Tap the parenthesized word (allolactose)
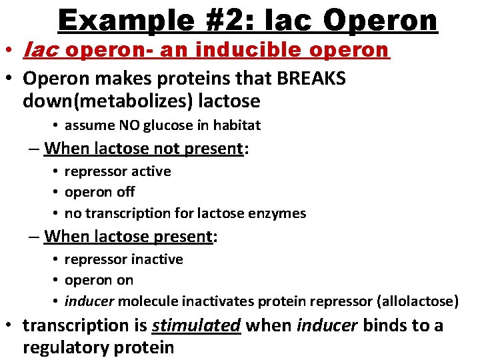417,301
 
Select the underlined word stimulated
196,326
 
